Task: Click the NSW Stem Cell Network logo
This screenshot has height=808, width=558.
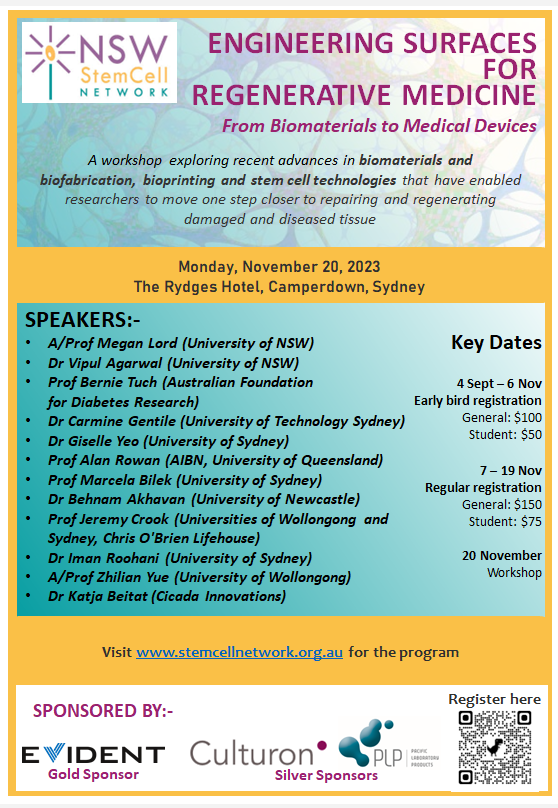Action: (x=98, y=62)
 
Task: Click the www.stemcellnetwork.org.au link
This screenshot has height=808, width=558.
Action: (x=240, y=652)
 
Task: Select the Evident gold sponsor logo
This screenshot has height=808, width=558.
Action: (x=93, y=753)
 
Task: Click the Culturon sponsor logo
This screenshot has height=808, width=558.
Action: (x=258, y=752)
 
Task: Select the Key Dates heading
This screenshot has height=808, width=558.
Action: (x=496, y=342)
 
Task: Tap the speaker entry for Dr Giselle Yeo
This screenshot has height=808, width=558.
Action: (x=168, y=440)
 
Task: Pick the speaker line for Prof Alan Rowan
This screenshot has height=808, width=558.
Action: (x=215, y=460)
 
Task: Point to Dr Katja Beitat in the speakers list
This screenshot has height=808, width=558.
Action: (x=167, y=596)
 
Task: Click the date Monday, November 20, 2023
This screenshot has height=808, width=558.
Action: (x=279, y=267)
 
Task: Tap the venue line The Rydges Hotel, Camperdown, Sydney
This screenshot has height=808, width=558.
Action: (x=279, y=286)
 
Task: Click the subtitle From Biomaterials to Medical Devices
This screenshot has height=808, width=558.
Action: (x=379, y=126)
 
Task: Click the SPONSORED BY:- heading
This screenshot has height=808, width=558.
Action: (x=103, y=711)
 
